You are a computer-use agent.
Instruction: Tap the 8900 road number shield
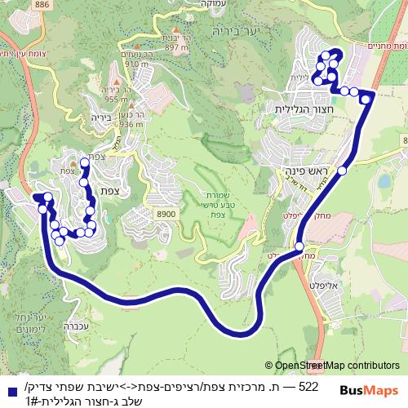coord(166,215)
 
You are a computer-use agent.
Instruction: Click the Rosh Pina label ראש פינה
coord(306,171)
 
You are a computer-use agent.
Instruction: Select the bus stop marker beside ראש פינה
coord(344,171)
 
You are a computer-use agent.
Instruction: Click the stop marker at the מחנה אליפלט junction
coord(299,246)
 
